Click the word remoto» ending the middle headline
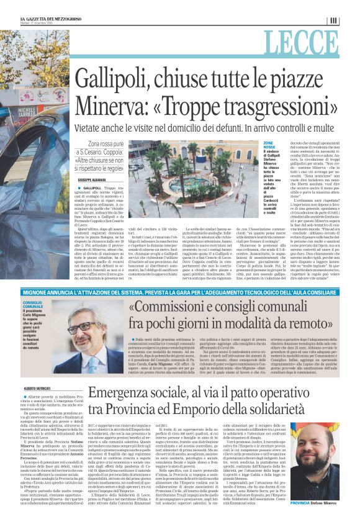(318, 330)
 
